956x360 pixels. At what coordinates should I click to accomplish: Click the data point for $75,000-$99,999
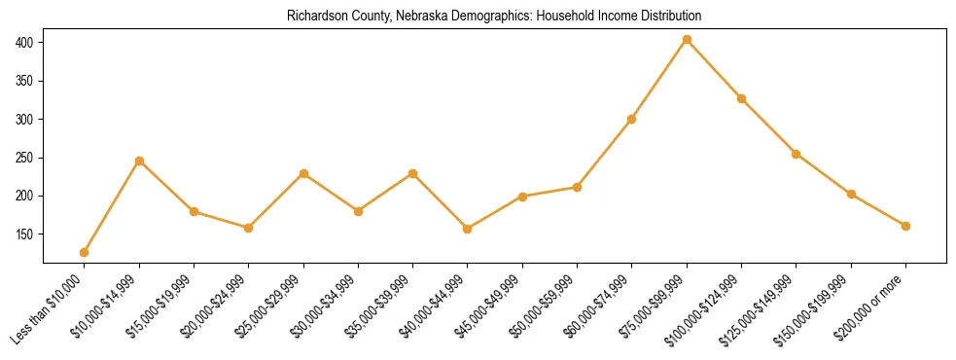click(x=687, y=40)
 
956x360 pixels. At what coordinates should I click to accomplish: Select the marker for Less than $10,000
click(x=85, y=253)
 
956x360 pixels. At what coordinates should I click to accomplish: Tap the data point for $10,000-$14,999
click(x=139, y=161)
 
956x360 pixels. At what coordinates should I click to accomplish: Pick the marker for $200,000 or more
click(x=905, y=226)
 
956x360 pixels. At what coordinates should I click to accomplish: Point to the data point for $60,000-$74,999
click(x=632, y=119)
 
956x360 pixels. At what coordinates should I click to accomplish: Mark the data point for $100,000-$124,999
click(x=741, y=98)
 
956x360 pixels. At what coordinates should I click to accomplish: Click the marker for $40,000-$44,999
click(x=468, y=229)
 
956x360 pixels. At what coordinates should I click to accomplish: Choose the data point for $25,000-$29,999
click(x=303, y=173)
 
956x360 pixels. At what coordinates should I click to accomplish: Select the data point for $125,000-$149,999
click(x=797, y=154)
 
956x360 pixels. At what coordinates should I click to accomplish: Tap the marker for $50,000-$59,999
click(x=578, y=187)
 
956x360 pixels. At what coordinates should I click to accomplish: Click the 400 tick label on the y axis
click(x=25, y=43)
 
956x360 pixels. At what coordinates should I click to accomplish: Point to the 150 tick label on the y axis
click(x=25, y=234)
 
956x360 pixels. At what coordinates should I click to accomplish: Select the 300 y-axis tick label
click(x=25, y=120)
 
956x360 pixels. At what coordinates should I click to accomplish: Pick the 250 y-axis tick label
click(x=25, y=158)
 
